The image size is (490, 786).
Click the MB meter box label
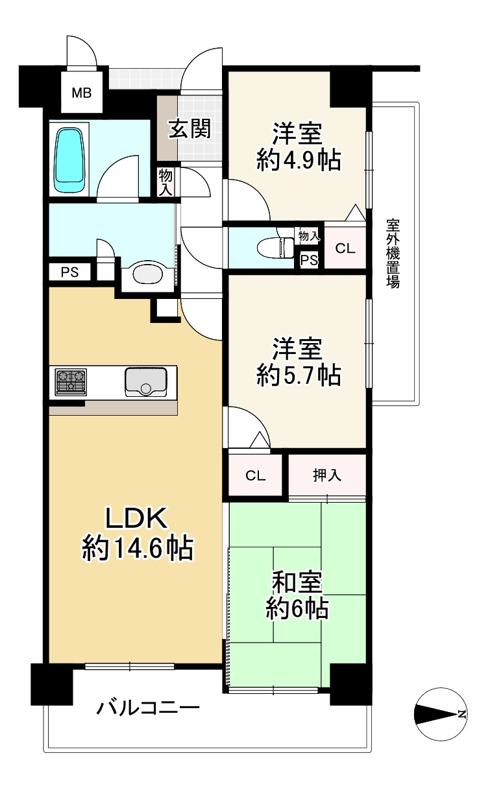(x=82, y=92)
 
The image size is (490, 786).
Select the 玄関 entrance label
(x=190, y=128)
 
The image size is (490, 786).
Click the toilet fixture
(x=276, y=247)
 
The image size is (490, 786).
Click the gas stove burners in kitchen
(x=70, y=381)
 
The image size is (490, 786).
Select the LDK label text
(x=137, y=519)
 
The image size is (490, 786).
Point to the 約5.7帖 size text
(x=298, y=375)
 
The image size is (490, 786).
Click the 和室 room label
(x=297, y=582)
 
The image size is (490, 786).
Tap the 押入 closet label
(x=327, y=476)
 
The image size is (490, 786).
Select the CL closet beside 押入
(x=255, y=476)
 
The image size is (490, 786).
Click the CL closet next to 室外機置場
(x=345, y=247)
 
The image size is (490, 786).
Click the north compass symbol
(x=441, y=714)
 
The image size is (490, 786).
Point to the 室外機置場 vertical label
(x=393, y=254)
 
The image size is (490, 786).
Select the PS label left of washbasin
(x=69, y=272)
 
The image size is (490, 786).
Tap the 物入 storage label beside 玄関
(x=166, y=182)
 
